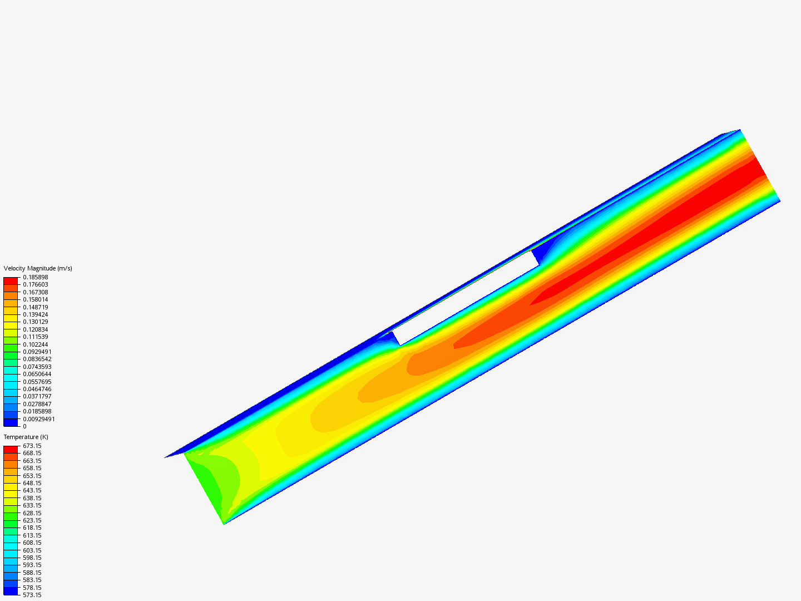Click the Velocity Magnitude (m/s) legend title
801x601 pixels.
point(38,268)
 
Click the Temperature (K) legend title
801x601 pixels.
point(26,437)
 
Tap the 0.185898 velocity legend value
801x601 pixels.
point(35,277)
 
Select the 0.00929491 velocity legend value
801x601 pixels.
point(39,419)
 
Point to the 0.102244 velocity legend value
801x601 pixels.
point(35,344)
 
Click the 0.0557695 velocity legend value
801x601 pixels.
point(37,382)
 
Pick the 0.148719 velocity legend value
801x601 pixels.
point(35,307)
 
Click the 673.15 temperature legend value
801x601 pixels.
point(32,446)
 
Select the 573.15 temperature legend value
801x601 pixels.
point(32,595)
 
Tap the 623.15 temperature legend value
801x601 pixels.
point(32,520)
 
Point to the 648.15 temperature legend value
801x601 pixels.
point(32,483)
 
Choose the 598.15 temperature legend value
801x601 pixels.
point(32,558)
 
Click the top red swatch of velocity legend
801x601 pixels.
point(11,281)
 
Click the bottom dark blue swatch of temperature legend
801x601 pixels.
point(11,591)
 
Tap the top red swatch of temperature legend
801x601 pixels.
point(11,450)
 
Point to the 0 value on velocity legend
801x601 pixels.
point(24,426)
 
